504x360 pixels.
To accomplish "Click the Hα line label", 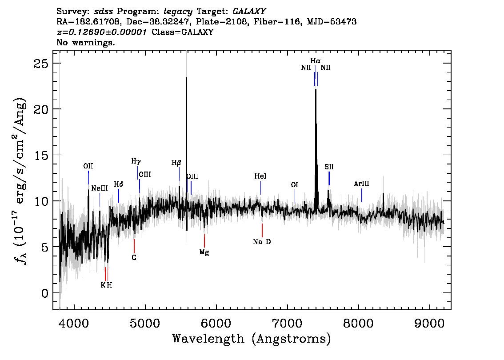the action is click(315, 60).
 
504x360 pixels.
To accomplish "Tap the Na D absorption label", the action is click(262, 242).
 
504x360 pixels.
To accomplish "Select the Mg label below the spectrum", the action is click(204, 252).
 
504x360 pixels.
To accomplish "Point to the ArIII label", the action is click(361, 184).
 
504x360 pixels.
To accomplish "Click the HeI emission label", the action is click(260, 176).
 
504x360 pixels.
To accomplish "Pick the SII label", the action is click(329, 167).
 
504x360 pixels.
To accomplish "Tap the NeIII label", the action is click(99, 188).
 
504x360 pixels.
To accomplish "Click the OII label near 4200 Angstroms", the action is click(88, 166).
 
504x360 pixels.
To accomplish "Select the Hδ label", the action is click(119, 184).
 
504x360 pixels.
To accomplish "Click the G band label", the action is click(134, 257).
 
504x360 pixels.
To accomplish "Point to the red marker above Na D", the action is click(262, 230).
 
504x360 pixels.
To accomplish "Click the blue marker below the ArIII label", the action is click(362, 196).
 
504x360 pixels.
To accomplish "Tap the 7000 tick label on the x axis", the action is click(287, 323).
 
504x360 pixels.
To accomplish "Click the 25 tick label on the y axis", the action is click(41, 63).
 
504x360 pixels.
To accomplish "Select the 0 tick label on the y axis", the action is click(45, 293).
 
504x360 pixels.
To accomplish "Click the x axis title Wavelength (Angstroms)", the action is click(252, 339).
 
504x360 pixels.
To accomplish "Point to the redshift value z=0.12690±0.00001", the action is click(102, 32).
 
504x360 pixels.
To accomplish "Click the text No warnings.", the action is click(85, 42).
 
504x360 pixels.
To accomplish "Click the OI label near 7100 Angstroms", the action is click(294, 185).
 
